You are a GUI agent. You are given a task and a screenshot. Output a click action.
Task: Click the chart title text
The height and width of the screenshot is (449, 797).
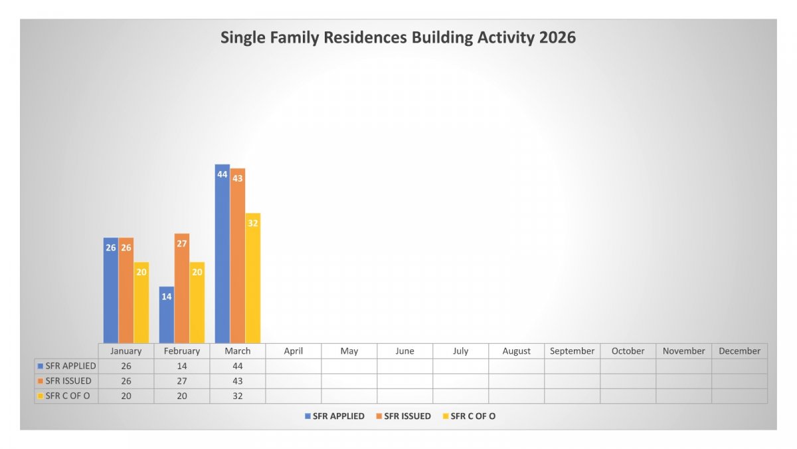tap(398, 37)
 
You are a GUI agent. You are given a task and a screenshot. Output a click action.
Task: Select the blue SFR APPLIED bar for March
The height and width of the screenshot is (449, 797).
tap(222, 259)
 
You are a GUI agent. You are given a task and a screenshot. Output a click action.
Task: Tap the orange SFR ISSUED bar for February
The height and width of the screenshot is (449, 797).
tap(182, 293)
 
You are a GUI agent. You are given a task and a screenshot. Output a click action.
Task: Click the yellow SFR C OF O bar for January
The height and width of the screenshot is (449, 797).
tap(141, 306)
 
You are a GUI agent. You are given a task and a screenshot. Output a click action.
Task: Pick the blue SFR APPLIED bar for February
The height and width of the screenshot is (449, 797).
tap(167, 316)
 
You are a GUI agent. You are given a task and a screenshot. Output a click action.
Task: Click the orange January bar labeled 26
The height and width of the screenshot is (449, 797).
tap(126, 293)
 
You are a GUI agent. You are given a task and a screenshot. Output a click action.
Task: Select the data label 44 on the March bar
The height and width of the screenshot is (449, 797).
tap(222, 174)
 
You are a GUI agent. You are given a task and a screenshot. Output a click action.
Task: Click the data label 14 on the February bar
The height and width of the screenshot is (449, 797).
tap(167, 297)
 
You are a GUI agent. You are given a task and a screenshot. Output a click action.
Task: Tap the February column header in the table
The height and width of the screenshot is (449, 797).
tap(182, 351)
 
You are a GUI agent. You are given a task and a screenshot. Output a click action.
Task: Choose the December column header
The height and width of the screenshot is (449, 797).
tap(739, 351)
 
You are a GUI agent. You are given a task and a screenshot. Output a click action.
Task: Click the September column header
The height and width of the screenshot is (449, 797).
tap(572, 351)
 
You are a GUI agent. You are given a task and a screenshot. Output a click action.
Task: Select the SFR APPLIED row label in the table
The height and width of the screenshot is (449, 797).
tap(67, 366)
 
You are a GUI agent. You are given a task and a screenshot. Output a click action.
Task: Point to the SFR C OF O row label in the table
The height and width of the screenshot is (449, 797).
tap(67, 396)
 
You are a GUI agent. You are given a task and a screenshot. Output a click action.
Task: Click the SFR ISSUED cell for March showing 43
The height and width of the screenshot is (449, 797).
tap(238, 381)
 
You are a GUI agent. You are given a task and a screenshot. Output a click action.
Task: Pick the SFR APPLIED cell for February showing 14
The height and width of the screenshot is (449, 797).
tap(182, 366)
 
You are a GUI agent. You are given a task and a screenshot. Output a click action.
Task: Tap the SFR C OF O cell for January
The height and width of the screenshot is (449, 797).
tap(126, 396)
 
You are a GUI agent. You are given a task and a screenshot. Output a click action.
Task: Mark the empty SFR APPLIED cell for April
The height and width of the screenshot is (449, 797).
tap(294, 366)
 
